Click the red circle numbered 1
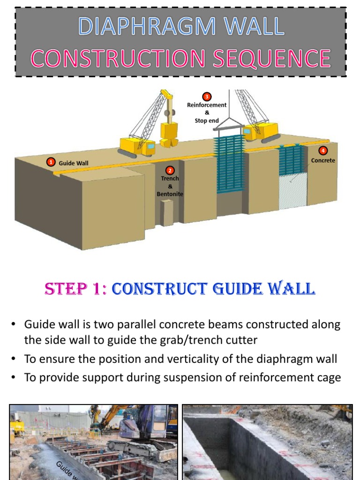click(50, 162)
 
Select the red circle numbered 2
click(170, 171)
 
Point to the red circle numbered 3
click(207, 97)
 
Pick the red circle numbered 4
click(322, 151)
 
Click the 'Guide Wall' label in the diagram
click(73, 163)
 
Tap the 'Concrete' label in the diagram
click(323, 160)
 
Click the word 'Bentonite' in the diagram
click(170, 194)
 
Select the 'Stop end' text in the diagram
click(207, 120)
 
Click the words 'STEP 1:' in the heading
click(75, 289)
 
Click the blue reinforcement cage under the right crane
click(229, 164)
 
